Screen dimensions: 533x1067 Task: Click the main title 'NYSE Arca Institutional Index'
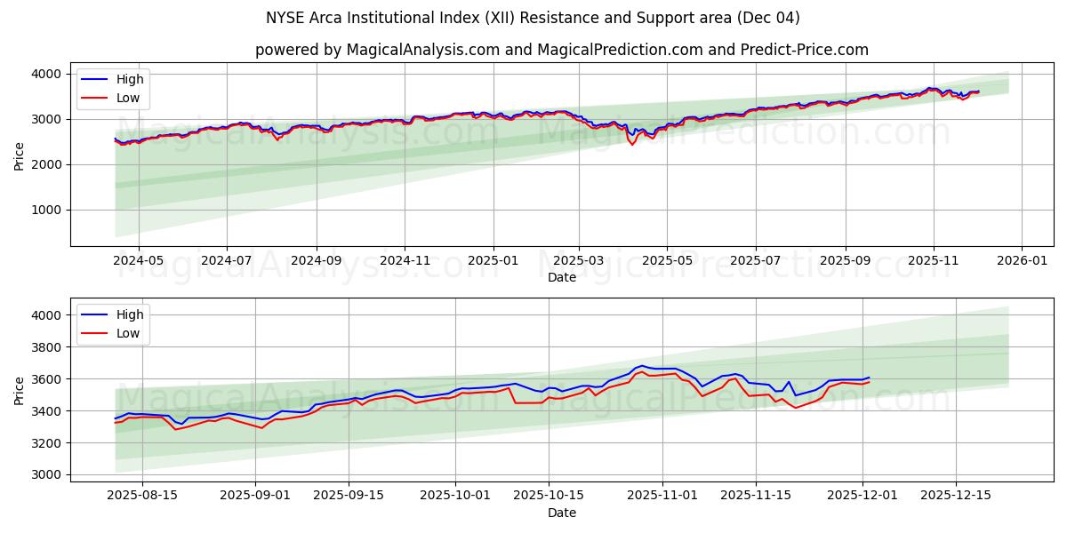pos(533,18)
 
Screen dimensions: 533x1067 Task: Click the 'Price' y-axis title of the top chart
pos(20,155)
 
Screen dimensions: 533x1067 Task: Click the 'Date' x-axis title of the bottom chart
pos(561,513)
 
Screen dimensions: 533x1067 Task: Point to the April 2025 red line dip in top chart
pos(632,144)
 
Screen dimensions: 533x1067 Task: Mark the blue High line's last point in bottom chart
pos(869,378)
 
